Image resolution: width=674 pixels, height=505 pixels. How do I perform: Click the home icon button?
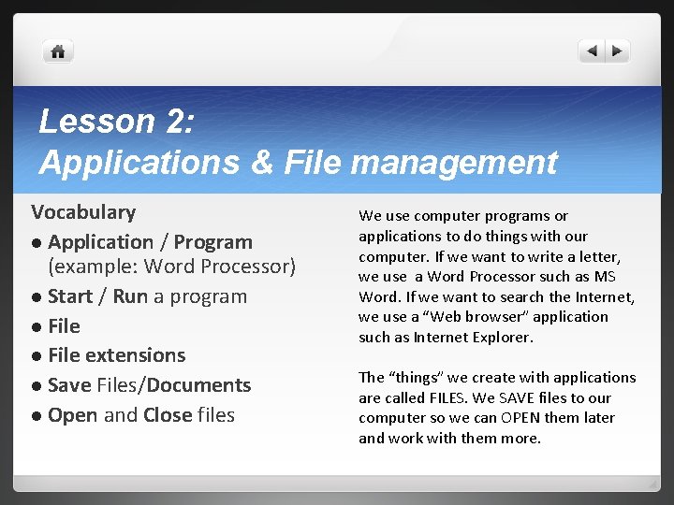point(58,52)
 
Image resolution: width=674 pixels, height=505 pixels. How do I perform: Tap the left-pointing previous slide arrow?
point(592,51)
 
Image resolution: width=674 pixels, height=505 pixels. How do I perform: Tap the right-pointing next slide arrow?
point(617,51)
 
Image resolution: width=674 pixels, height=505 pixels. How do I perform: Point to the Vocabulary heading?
point(83,212)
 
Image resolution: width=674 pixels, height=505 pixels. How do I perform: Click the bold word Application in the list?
point(100,242)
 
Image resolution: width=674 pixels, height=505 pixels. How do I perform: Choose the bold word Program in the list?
point(213,242)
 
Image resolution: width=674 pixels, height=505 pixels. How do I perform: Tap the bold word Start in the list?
point(70,296)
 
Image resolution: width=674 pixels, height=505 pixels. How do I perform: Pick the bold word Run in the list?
point(131,296)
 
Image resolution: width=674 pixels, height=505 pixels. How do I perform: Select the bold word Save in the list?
point(68,385)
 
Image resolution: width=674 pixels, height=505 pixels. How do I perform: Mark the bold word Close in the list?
point(168,414)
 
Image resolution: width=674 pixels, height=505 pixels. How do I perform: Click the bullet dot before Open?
point(37,416)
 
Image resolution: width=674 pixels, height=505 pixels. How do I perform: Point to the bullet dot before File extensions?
point(37,356)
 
